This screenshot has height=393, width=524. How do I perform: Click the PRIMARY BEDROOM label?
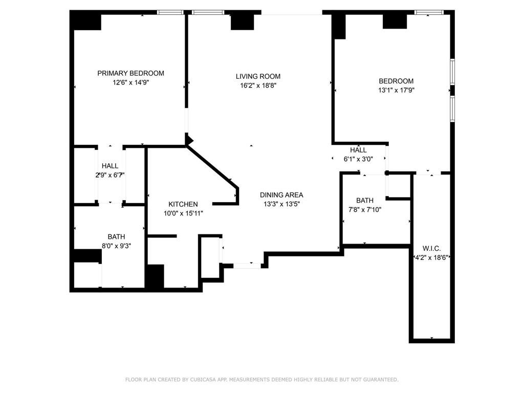130,73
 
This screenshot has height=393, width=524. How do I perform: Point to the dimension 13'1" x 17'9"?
396,90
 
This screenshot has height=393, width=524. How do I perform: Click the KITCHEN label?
183,204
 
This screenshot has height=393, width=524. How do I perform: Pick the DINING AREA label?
281,195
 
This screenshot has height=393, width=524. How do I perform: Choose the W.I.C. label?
432,248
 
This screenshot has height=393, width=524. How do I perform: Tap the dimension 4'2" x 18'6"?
431,257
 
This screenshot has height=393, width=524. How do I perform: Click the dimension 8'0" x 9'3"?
116,246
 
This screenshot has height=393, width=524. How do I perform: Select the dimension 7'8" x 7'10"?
365,209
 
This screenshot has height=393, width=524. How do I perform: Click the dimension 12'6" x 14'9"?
130,82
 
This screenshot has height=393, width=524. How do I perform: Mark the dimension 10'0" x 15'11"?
183,213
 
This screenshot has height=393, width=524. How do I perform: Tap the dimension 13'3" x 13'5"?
281,204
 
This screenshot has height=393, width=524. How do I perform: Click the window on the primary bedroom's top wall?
170,12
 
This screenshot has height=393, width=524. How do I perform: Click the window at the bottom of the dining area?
247,265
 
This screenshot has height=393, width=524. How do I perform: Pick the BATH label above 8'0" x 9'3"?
116,236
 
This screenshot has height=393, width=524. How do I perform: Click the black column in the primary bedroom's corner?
86,20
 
